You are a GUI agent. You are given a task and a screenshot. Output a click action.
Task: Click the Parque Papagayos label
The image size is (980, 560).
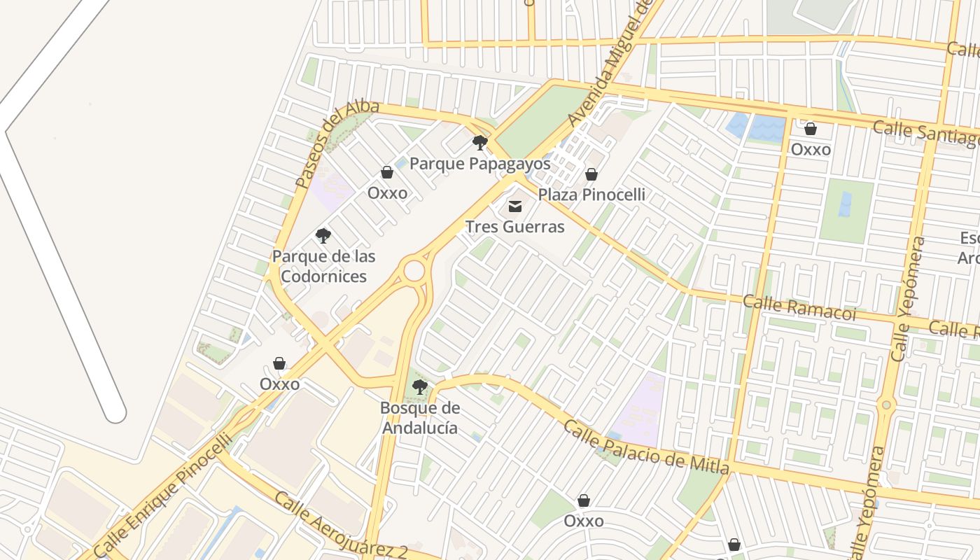(479, 164)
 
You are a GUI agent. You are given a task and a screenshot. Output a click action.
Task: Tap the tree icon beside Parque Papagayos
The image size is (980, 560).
(479, 143)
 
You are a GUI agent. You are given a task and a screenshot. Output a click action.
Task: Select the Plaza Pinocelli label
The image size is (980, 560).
(591, 195)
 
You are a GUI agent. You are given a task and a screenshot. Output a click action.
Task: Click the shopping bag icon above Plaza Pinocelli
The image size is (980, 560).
(591, 174)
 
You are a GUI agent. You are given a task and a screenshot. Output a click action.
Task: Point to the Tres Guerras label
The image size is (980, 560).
(514, 227)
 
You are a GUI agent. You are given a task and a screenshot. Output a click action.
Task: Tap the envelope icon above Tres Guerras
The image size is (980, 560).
(515, 206)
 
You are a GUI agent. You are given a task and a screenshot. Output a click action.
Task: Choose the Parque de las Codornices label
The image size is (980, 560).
(323, 266)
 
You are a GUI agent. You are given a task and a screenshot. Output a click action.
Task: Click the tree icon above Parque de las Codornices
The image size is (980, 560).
(323, 235)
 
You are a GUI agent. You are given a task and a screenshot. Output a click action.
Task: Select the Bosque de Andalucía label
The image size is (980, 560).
(420, 417)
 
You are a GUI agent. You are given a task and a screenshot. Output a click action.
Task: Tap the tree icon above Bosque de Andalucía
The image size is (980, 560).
(420, 386)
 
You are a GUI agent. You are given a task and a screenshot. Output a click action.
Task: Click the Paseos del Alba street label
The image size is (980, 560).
(336, 143)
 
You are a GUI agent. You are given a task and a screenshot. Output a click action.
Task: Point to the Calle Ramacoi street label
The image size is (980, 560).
(799, 307)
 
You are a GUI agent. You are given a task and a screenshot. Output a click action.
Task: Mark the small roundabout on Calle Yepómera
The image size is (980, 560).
(886, 405)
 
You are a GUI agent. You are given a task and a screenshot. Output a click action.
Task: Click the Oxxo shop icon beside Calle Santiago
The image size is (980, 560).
(811, 129)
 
